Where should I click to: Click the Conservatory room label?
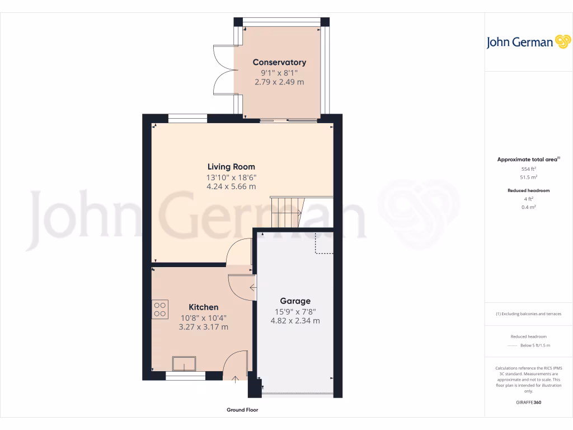[x=279, y=62]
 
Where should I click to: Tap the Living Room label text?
[x=231, y=166]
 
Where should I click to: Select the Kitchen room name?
[x=203, y=307]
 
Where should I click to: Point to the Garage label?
[x=295, y=301]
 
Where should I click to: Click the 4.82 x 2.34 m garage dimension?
[x=295, y=321]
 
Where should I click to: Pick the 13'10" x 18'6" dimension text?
[x=231, y=177]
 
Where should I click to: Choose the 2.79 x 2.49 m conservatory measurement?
[x=279, y=82]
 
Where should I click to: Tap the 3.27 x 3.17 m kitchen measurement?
[x=203, y=327]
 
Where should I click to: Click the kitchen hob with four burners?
[x=160, y=310]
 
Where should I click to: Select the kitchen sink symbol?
[x=184, y=364]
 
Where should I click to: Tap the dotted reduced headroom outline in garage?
[x=324, y=244]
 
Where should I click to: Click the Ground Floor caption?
[x=242, y=410]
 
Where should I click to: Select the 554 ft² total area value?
[x=529, y=169]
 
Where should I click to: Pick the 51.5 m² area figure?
[x=529, y=177]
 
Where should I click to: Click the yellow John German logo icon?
[x=562, y=42]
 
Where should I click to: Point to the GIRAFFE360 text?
[x=529, y=403]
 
